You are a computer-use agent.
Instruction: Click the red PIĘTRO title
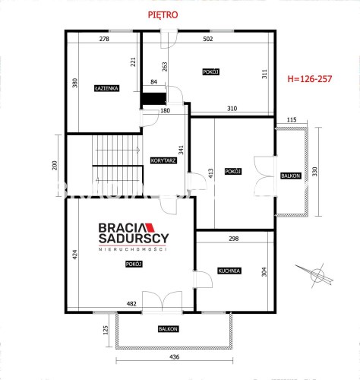[x=163, y=15]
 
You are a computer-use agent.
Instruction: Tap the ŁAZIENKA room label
[x=107, y=88]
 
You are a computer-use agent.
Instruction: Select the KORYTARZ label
[x=163, y=160]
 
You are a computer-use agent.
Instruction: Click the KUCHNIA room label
[x=229, y=271]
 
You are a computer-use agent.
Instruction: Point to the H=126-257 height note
[x=310, y=79]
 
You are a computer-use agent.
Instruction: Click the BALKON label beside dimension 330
[x=291, y=176]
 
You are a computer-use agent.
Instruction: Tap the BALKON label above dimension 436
[x=169, y=329]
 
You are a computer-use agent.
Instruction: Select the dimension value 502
[x=208, y=39]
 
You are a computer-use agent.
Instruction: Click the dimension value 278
[x=104, y=39]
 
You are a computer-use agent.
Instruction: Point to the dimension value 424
[x=75, y=255]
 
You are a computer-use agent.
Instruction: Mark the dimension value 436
[x=175, y=357]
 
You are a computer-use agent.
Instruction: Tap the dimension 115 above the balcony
[x=292, y=120]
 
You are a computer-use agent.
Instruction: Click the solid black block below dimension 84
[x=153, y=98]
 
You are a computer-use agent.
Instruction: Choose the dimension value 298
[x=233, y=239]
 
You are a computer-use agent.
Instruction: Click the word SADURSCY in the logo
[x=134, y=239]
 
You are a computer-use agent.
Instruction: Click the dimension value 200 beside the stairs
[x=55, y=165]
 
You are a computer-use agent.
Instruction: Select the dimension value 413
[x=211, y=173]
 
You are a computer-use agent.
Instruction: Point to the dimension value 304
[x=264, y=272]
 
